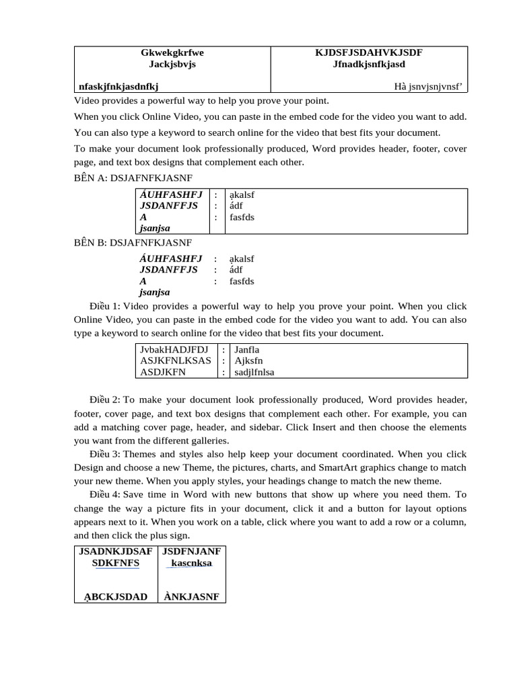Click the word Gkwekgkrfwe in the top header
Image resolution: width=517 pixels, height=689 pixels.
tap(172, 52)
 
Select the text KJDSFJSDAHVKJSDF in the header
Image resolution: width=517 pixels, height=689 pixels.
tap(369, 52)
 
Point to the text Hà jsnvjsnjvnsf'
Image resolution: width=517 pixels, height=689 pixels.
tap(430, 86)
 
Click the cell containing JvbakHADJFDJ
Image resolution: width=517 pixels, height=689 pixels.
tap(174, 350)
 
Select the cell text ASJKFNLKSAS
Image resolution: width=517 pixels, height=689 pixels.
tap(175, 361)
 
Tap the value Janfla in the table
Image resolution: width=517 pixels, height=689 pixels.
tap(246, 350)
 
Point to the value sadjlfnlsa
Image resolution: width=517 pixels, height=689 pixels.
tap(254, 372)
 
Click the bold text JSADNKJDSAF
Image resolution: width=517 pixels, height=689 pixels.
tap(115, 551)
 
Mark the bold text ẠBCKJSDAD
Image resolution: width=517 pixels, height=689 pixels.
tap(115, 596)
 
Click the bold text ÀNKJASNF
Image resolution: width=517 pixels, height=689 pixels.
tap(191, 596)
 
